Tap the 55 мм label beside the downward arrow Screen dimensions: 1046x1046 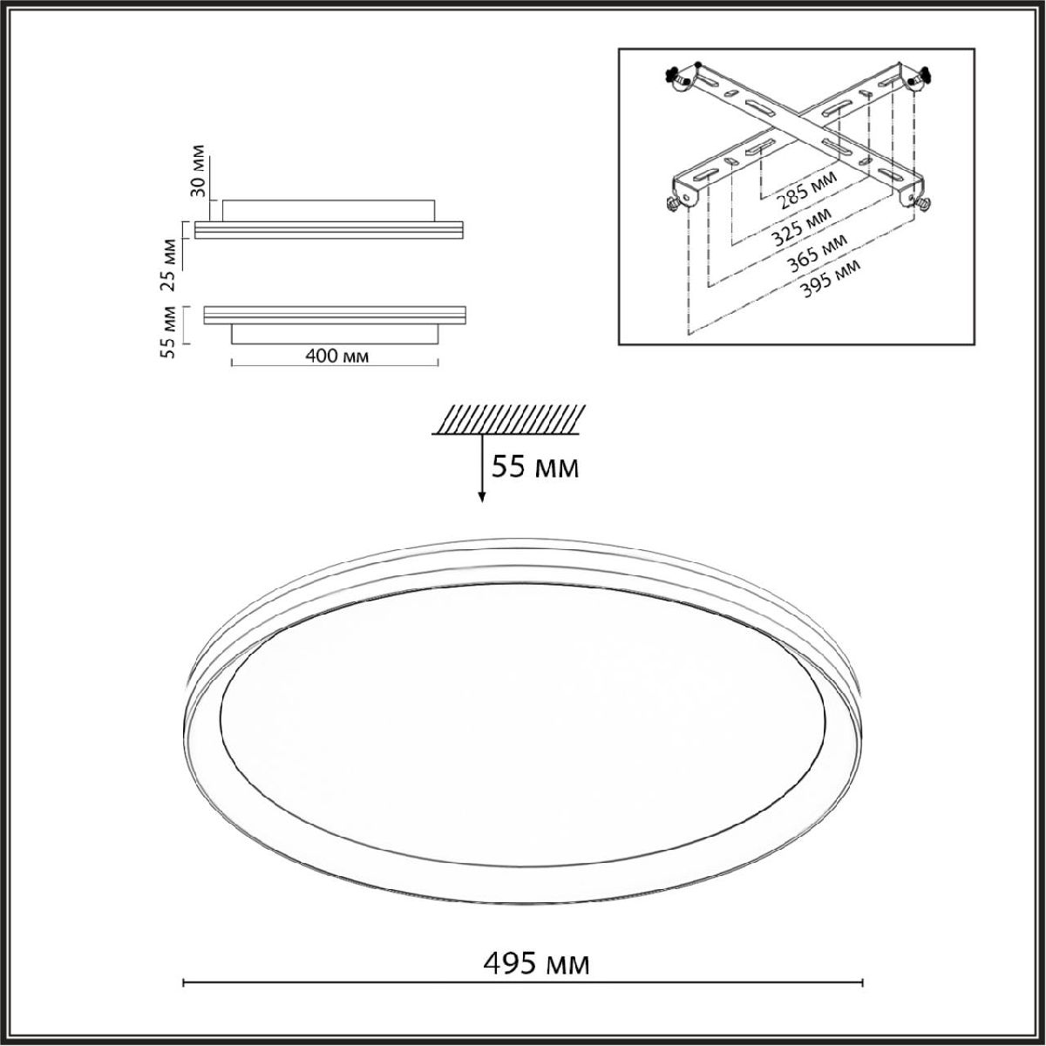point(534,467)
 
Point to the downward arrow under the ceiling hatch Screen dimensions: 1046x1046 point(481,468)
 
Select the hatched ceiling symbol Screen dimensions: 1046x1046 point(508,419)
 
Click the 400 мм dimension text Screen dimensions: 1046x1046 point(337,357)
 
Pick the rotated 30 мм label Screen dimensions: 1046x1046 point(200,171)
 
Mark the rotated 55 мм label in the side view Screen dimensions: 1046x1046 point(170,331)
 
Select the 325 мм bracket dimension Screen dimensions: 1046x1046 point(802,228)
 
